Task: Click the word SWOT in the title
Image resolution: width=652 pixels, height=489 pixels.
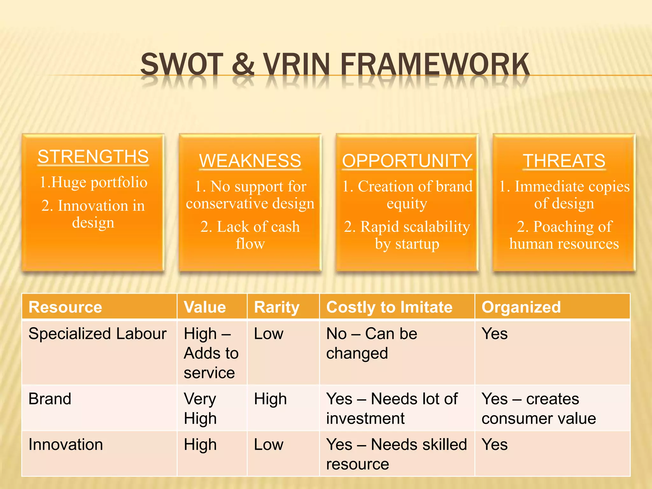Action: [x=182, y=65]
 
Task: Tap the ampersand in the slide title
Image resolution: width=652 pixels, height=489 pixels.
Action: [x=243, y=65]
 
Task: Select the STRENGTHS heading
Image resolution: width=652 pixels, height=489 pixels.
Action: [x=93, y=157]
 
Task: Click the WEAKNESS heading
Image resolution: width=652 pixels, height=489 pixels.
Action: [x=250, y=161]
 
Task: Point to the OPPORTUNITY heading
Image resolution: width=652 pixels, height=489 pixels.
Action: [x=407, y=161]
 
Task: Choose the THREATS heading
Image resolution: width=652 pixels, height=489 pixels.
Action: [x=564, y=161]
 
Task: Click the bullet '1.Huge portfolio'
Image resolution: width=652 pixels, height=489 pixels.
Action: [x=93, y=182]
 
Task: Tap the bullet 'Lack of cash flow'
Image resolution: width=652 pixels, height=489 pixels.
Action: [x=250, y=235]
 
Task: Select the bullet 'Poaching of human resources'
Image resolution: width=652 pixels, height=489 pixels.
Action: [x=564, y=235]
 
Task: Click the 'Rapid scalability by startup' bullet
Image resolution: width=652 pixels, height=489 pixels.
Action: [x=407, y=235]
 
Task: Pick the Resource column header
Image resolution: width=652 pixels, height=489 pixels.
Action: [x=65, y=307]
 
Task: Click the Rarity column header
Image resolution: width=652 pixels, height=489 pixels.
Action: [x=276, y=307]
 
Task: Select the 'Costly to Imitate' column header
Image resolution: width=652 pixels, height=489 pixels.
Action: [x=389, y=307]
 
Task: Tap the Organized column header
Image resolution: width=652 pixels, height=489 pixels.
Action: [x=521, y=307]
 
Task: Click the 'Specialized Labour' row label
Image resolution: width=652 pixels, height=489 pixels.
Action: [x=97, y=334]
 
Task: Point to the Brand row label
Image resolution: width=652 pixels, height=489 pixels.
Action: [x=50, y=399]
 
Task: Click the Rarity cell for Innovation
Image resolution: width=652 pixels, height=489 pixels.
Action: [x=268, y=445]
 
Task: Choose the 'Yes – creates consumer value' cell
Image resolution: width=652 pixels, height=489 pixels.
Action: [x=538, y=408]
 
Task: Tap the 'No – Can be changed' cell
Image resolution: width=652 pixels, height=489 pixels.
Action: [x=371, y=344]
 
